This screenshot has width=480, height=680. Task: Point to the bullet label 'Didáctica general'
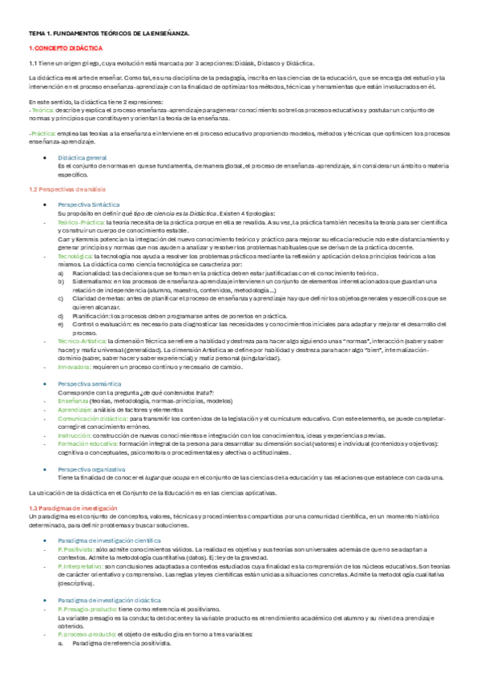pos(83,159)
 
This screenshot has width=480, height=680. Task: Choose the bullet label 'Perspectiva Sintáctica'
pos(91,205)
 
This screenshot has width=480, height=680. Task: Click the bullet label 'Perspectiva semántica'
pos(90,384)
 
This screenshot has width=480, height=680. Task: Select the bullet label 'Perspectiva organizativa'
pos(92,468)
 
